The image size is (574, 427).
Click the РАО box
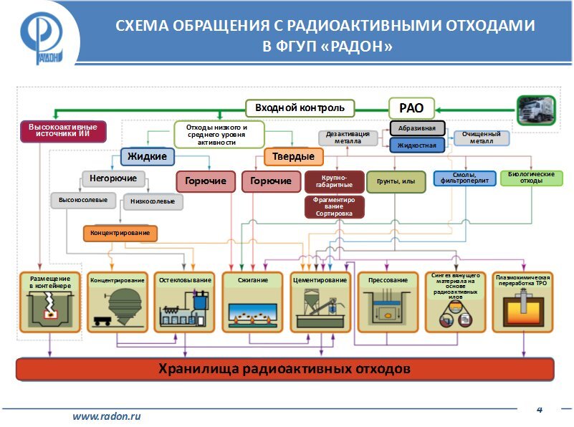point(411,109)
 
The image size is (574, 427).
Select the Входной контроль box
point(300,108)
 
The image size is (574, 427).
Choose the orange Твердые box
point(294,156)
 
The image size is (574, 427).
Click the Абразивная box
point(417,128)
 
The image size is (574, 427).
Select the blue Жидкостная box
point(417,145)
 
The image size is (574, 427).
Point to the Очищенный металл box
point(481,138)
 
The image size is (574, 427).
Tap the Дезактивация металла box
point(348,138)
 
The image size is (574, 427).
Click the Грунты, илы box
point(396,182)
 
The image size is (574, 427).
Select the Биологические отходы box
point(531,178)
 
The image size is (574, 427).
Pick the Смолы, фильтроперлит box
point(464,178)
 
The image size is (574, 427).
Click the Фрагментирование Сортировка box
point(334,206)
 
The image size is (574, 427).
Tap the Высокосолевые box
point(83,200)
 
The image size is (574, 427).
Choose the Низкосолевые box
point(153,202)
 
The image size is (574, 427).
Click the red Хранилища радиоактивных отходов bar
point(285,370)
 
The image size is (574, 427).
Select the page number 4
point(540,409)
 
